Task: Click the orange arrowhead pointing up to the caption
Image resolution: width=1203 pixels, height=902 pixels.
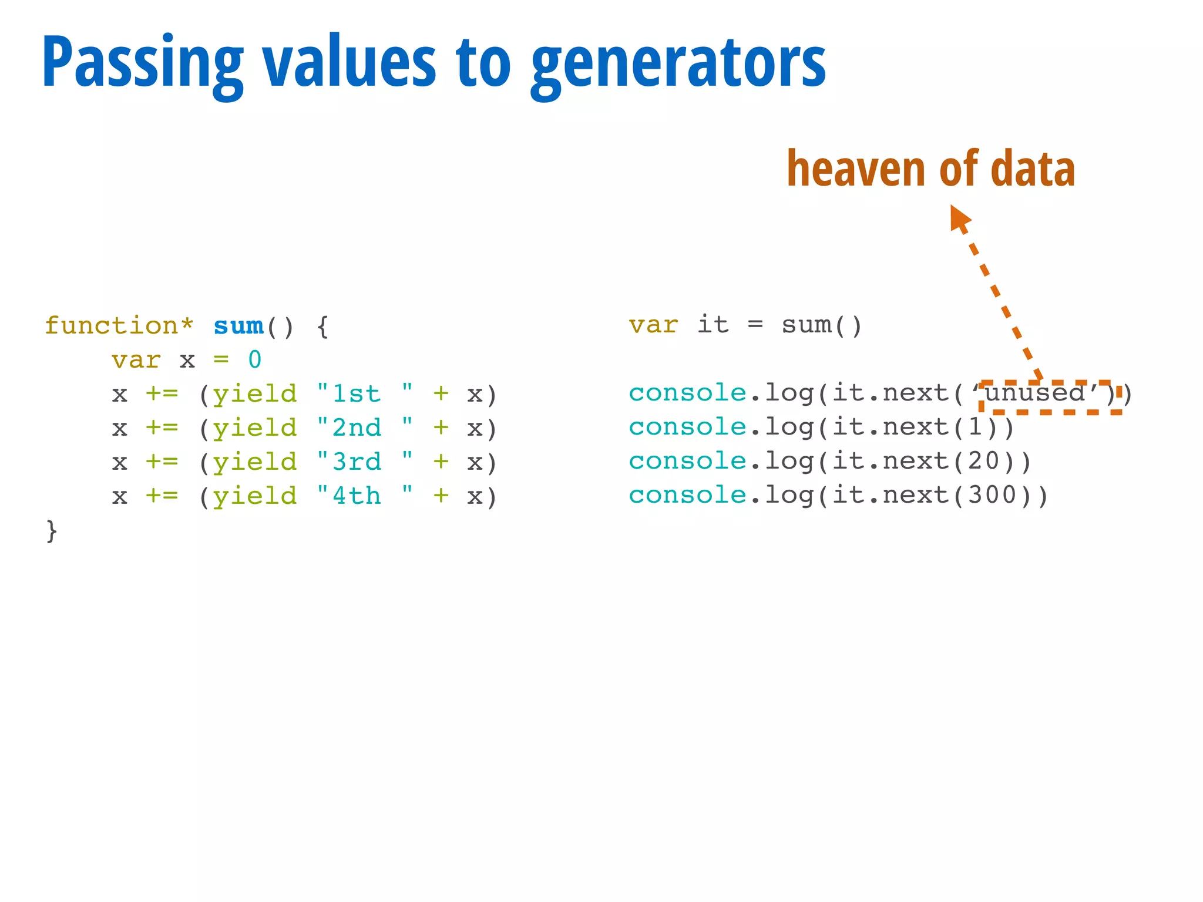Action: click(960, 217)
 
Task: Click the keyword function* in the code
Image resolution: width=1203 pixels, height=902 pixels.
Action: click(119, 326)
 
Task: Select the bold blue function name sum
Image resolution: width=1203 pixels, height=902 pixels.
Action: click(238, 326)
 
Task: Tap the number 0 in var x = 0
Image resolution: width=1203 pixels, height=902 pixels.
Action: click(255, 360)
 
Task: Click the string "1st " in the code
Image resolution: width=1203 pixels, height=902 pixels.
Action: click(365, 394)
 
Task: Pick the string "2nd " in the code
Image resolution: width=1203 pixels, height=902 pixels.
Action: click(365, 428)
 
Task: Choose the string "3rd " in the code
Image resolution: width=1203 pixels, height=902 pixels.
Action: click(365, 462)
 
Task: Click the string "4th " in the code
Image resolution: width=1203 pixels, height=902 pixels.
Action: click(365, 496)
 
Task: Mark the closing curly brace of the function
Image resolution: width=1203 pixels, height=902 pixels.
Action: click(52, 531)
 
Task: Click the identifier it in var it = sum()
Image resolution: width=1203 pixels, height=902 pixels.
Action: click(713, 325)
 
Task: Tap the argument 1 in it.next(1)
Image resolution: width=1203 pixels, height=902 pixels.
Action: click(975, 427)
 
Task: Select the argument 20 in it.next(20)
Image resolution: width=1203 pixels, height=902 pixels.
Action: click(983, 461)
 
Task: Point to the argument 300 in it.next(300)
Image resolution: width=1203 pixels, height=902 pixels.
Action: click(992, 495)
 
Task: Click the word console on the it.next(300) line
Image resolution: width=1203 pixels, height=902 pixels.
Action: click(687, 495)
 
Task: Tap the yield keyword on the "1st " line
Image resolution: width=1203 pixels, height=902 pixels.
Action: click(255, 394)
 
